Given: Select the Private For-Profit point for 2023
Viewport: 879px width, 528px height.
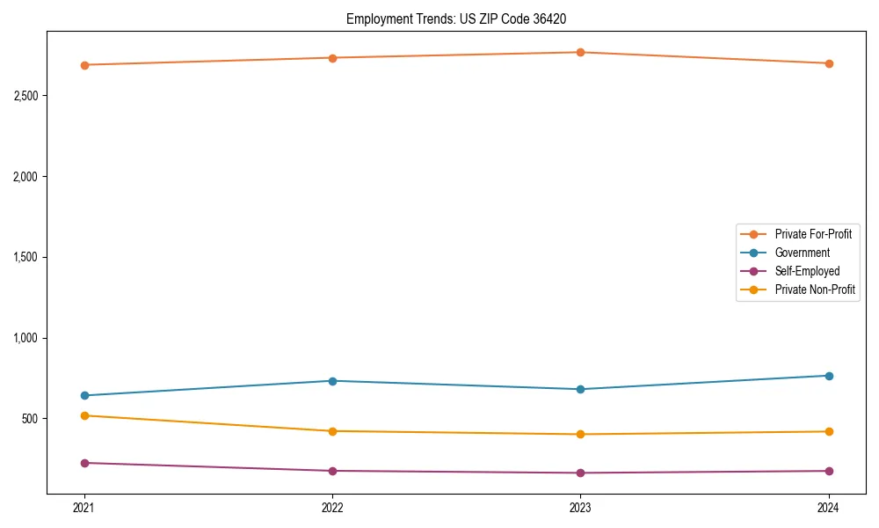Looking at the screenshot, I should click(580, 53).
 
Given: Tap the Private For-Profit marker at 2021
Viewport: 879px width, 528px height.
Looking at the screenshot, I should click(84, 65).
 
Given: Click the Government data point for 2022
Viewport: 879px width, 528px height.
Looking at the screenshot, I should click(332, 381).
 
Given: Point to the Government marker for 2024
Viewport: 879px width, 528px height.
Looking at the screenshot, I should click(828, 376).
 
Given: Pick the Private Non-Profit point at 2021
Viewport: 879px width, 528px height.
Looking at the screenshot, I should click(84, 415).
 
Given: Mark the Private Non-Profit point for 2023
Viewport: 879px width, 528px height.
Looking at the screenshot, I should click(580, 434).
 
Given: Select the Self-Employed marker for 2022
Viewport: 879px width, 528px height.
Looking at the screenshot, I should click(332, 471).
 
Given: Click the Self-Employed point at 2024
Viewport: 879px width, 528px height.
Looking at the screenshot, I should click(828, 471).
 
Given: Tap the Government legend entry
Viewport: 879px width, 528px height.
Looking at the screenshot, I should click(802, 253).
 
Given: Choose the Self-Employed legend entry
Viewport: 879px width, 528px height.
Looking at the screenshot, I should click(807, 271).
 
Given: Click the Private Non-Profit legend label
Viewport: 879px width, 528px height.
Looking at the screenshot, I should click(815, 290).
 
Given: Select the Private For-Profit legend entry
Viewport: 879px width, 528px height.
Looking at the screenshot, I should click(812, 234).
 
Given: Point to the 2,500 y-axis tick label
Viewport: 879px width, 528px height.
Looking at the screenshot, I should click(25, 96).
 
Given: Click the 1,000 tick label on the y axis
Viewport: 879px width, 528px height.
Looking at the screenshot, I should click(25, 338).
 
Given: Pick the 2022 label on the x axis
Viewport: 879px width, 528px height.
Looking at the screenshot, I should click(332, 507).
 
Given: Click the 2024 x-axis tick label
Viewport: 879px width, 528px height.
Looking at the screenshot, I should click(828, 507).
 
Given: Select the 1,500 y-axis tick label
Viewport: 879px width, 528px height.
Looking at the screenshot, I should click(25, 257).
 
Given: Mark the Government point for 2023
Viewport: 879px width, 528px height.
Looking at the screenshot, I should click(580, 389).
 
